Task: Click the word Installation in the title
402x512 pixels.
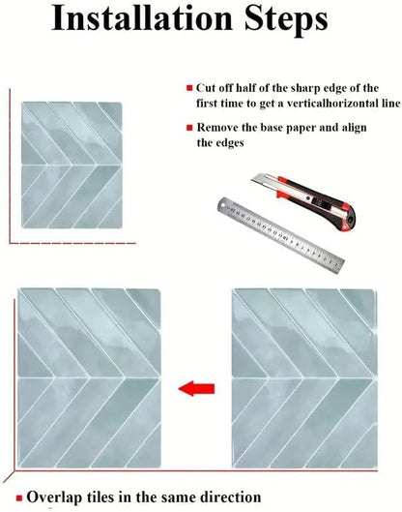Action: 141,18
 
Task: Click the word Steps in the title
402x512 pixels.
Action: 286,20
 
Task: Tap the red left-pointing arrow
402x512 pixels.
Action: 196,388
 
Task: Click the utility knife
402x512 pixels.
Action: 303,200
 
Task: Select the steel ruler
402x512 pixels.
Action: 280,235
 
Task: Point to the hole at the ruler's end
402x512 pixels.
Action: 223,205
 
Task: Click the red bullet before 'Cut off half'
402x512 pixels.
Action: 189,88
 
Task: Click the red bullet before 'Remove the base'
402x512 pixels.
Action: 189,128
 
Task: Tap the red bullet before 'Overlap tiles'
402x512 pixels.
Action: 19,497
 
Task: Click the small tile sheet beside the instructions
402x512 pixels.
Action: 72,165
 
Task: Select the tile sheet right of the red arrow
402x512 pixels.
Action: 304,378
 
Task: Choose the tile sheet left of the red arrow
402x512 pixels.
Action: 89,378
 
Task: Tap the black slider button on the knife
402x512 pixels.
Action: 315,200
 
